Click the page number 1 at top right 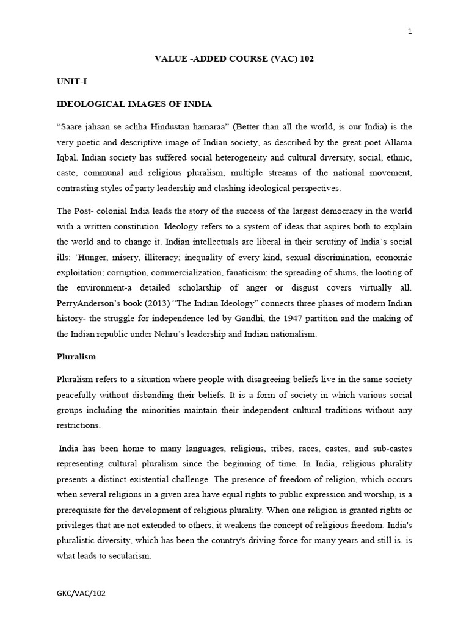click(410, 32)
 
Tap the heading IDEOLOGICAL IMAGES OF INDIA click(134, 104)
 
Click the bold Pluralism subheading click(76, 356)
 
